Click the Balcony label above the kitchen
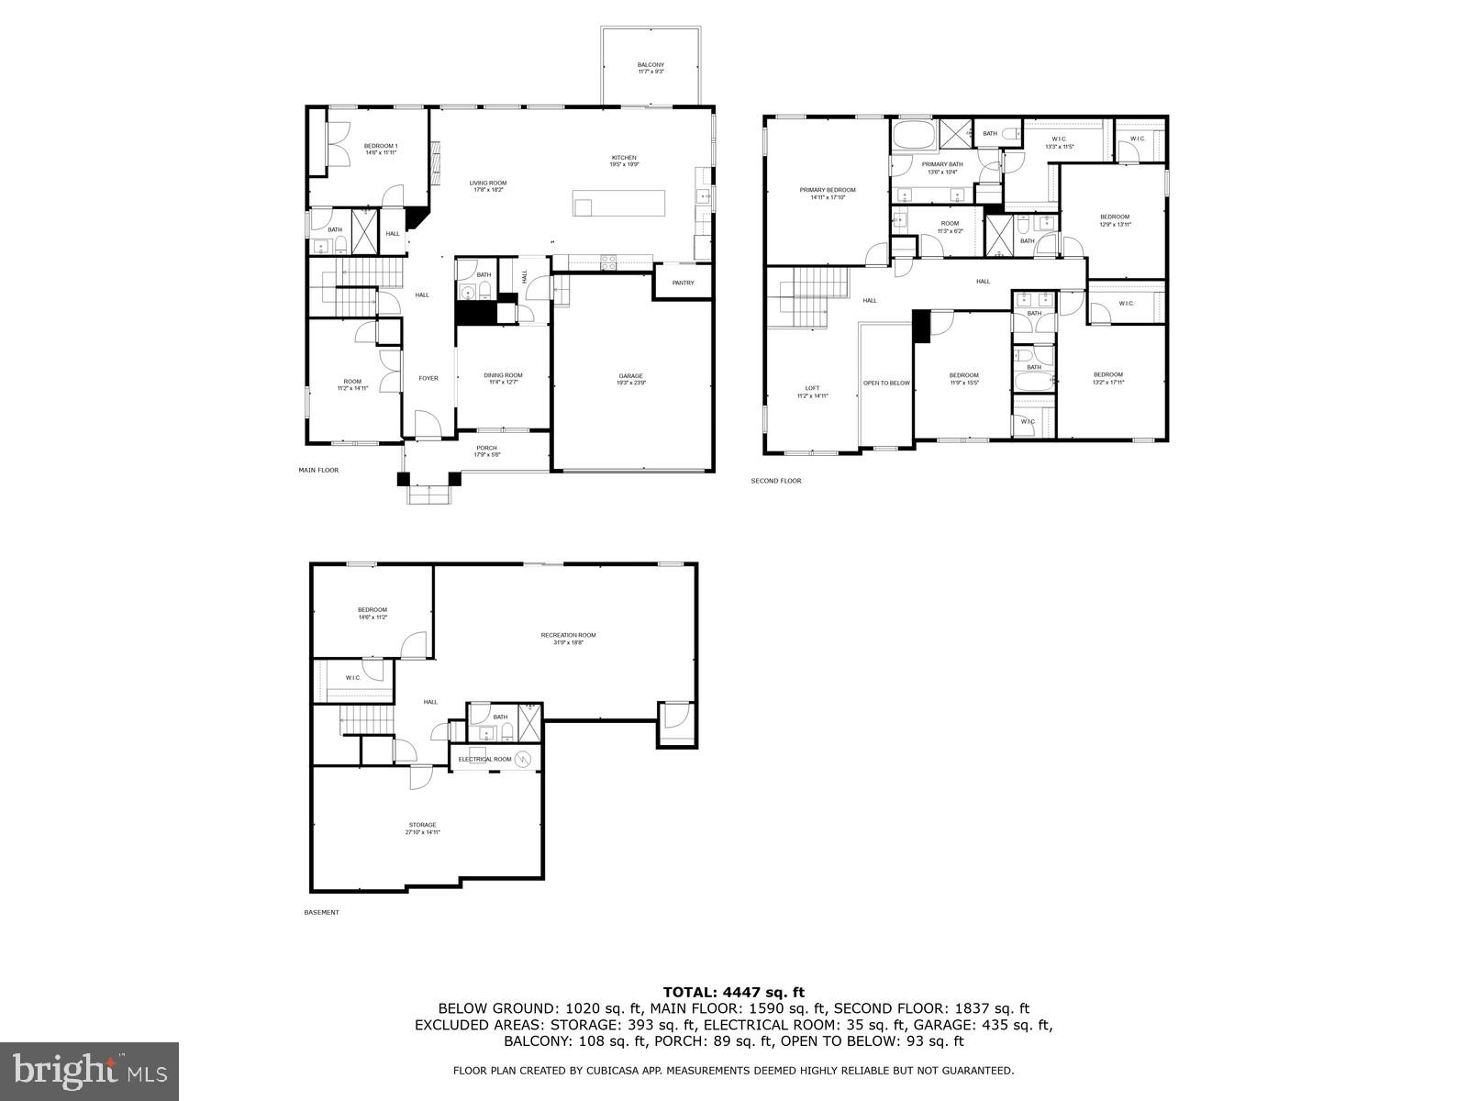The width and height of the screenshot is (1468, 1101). tap(651, 65)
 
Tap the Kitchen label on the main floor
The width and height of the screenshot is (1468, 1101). tap(624, 158)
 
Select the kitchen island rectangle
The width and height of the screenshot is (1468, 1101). tap(619, 203)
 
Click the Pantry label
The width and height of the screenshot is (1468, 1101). tap(683, 283)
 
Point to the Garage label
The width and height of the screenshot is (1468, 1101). tap(630, 376)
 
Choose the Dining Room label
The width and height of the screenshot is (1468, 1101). tap(503, 375)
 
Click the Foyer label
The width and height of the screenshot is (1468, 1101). tap(428, 378)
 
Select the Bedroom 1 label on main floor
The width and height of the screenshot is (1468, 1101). tap(381, 146)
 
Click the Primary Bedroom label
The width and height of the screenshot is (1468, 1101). tap(827, 190)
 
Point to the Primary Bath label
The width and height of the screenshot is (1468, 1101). tap(942, 164)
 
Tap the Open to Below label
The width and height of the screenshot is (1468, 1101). tap(886, 383)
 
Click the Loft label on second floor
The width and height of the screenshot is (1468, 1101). tap(812, 388)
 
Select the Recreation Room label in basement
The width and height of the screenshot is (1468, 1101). tap(568, 635)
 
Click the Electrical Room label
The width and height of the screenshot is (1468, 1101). tap(485, 759)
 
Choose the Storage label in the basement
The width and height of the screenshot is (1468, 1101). tap(422, 825)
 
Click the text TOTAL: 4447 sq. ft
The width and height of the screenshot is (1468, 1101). tap(733, 992)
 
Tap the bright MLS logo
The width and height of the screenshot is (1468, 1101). tap(90, 1070)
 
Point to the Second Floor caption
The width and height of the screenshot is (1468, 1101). tap(775, 481)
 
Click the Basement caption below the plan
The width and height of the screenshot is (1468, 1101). tap(321, 912)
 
